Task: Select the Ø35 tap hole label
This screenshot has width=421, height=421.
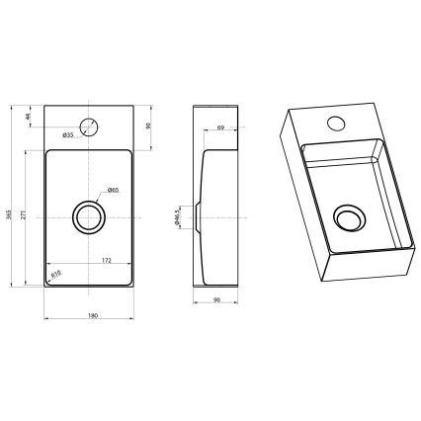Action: coord(67,134)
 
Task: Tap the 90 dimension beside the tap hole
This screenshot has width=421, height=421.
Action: coord(149,126)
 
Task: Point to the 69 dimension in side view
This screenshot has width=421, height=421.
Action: coord(221,127)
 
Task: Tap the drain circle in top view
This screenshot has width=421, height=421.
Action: coord(89,215)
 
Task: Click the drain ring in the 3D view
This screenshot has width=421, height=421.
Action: coord(348,217)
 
